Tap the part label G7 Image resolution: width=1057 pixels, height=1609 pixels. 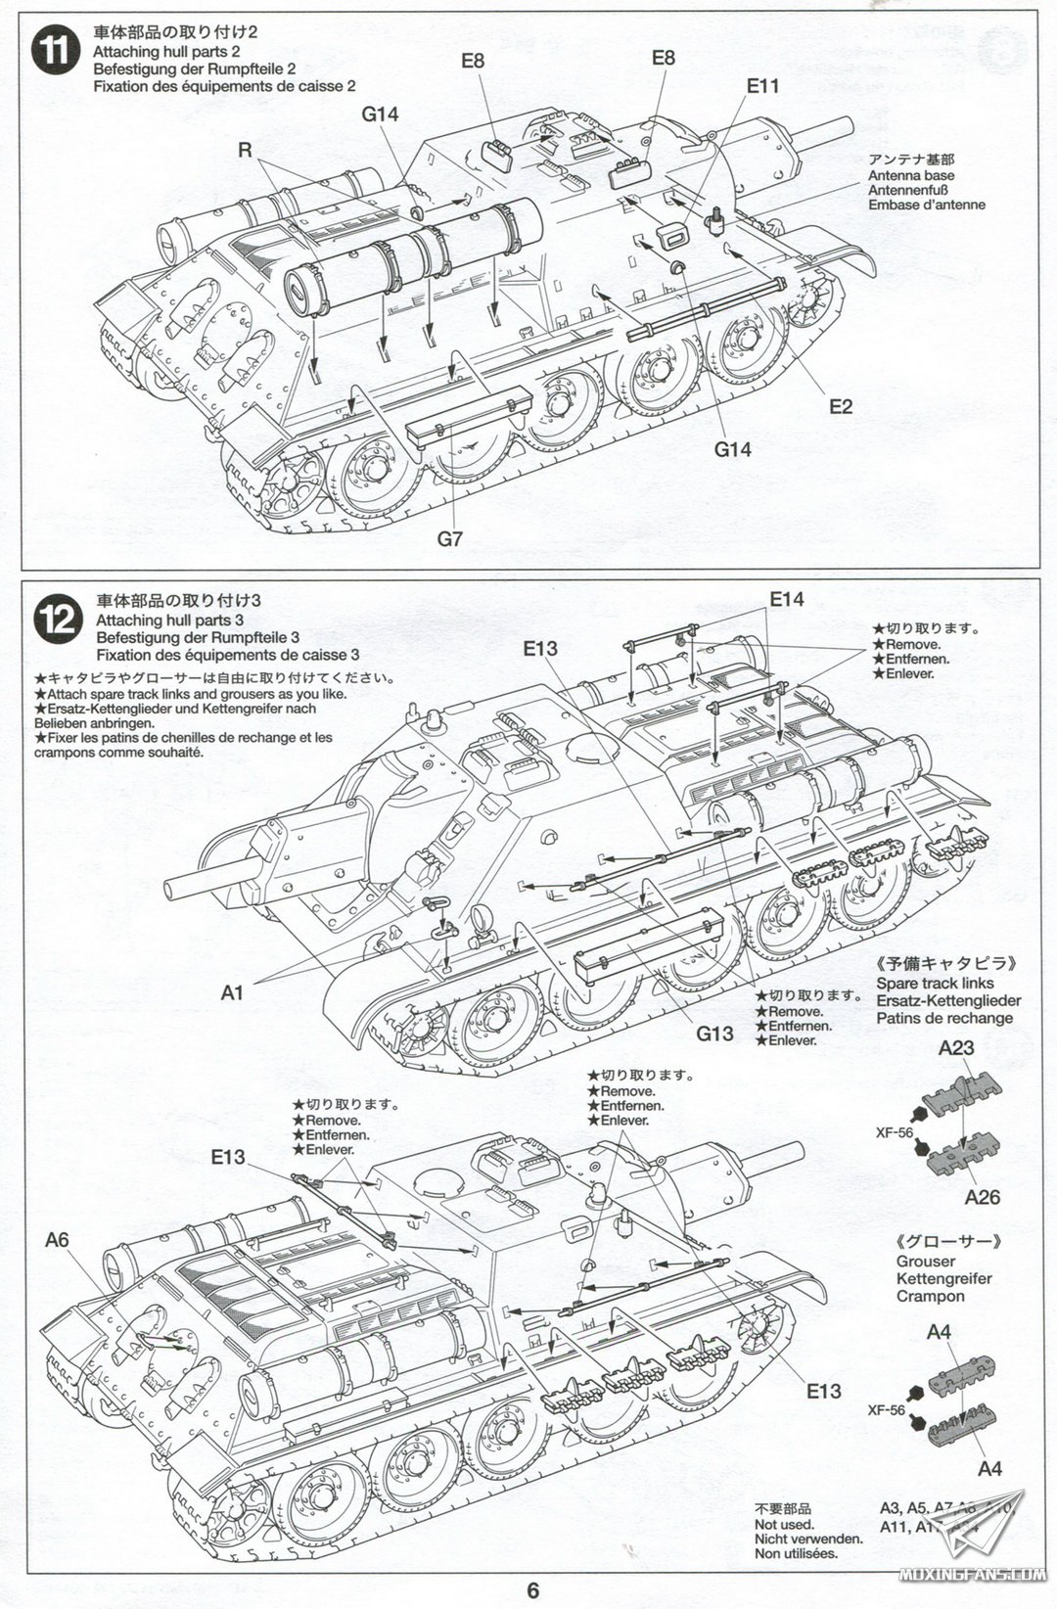449,537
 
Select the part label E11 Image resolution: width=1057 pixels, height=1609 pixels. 762,85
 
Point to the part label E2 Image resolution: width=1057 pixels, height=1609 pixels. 841,406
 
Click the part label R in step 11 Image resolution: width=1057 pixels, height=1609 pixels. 245,150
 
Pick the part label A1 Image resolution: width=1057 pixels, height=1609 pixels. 232,992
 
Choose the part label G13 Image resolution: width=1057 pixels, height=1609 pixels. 714,1034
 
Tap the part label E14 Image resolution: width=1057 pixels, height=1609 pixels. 786,599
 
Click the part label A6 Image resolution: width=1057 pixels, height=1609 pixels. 58,1240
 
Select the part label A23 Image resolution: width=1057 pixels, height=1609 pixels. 955,1047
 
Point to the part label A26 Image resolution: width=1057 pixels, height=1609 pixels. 982,1197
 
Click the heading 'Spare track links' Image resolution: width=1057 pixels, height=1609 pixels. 935,983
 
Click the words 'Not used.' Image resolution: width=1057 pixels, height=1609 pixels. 784,1524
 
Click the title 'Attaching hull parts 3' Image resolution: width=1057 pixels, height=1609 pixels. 169,620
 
